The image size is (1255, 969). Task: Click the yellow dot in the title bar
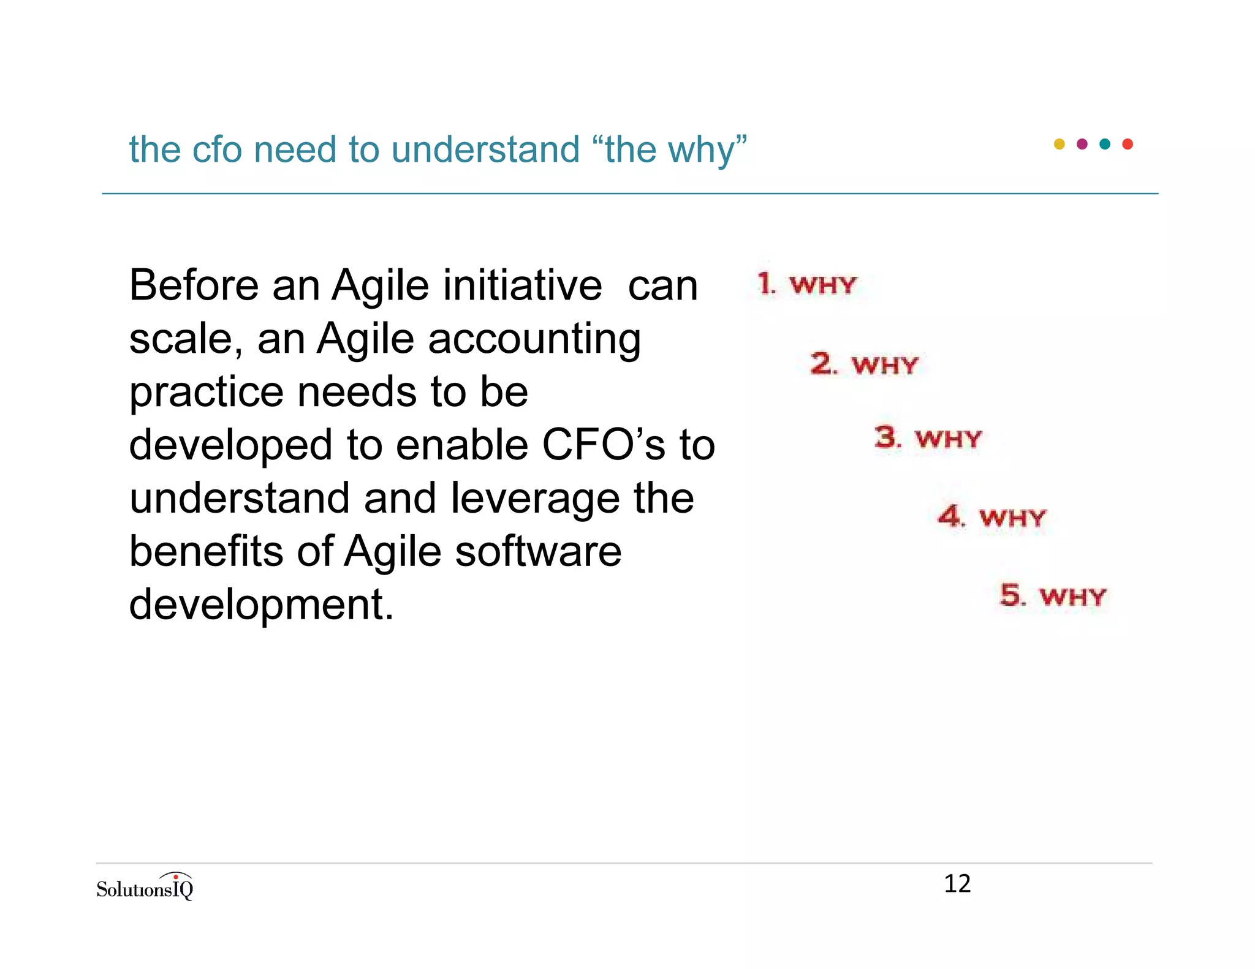click(x=1059, y=144)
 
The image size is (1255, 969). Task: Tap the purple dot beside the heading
click(x=1082, y=144)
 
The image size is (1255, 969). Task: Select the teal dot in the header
click(x=1105, y=144)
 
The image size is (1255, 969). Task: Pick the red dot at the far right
click(x=1128, y=144)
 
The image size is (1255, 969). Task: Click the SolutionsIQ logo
click(x=145, y=887)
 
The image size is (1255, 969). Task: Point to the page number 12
click(x=957, y=884)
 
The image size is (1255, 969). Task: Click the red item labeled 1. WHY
click(x=806, y=284)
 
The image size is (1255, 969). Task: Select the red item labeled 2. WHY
click(x=864, y=364)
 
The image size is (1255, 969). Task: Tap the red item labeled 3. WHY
click(x=928, y=438)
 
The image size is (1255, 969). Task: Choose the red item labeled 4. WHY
click(x=991, y=517)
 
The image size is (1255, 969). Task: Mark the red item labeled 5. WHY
click(x=1053, y=595)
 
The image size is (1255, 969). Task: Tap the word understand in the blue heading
click(x=485, y=149)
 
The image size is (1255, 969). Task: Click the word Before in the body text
click(x=194, y=285)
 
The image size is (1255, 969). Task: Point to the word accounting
click(x=534, y=339)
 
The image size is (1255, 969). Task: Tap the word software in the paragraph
click(x=538, y=551)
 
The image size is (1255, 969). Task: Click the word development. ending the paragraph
click(x=261, y=605)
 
